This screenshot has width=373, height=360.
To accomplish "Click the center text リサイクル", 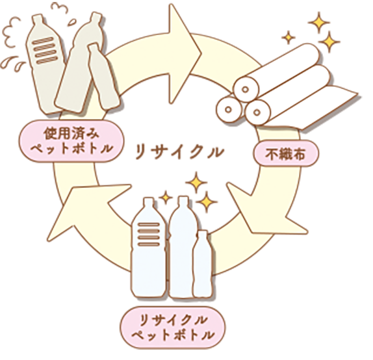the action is click(179, 153).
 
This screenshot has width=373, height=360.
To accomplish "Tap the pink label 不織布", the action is click(286, 153).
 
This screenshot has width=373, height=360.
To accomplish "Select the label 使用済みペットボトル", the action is click(71, 141).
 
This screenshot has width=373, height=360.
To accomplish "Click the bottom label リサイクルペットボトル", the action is click(173, 328).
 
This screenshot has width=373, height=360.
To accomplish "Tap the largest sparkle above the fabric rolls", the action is click(319, 22).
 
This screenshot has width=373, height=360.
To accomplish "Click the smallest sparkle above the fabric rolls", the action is click(289, 37).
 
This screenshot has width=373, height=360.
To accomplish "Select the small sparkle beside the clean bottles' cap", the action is click(166, 198).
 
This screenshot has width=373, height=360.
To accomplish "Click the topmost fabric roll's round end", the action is click(246, 89).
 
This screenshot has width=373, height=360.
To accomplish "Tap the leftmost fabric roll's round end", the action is click(228, 110).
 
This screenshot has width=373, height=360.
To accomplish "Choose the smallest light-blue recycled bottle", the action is click(202, 264).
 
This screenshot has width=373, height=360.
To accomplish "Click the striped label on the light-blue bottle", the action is click(149, 235).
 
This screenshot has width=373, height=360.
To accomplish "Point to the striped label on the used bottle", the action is click(45, 51).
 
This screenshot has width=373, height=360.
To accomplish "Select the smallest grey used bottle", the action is click(103, 76).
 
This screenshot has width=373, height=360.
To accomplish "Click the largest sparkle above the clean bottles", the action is click(196, 183).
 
